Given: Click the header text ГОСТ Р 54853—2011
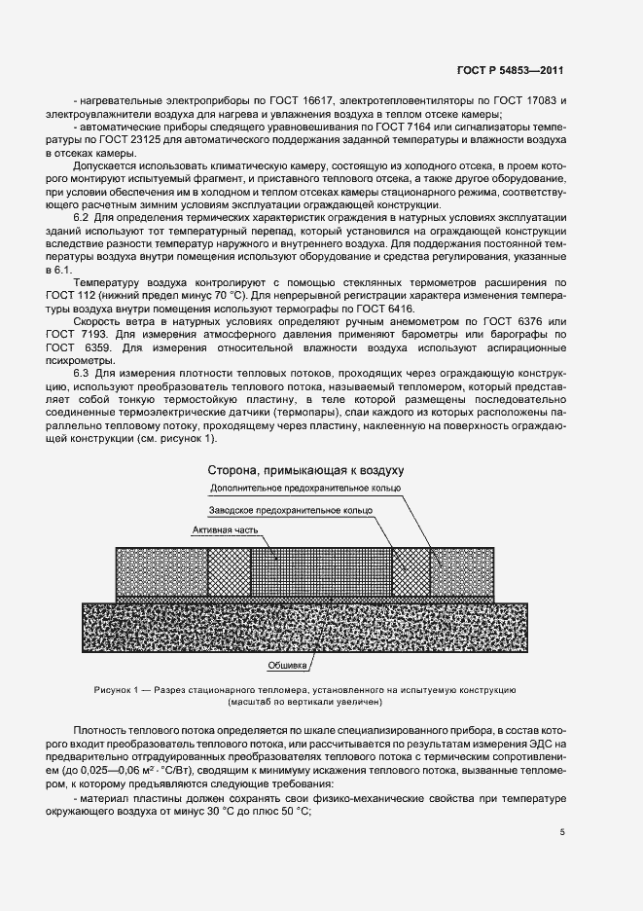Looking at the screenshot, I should pyautogui.click(x=512, y=71).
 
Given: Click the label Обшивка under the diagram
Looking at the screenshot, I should pyautogui.click(x=289, y=667).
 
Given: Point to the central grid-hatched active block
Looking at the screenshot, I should pyautogui.click(x=321, y=570).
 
